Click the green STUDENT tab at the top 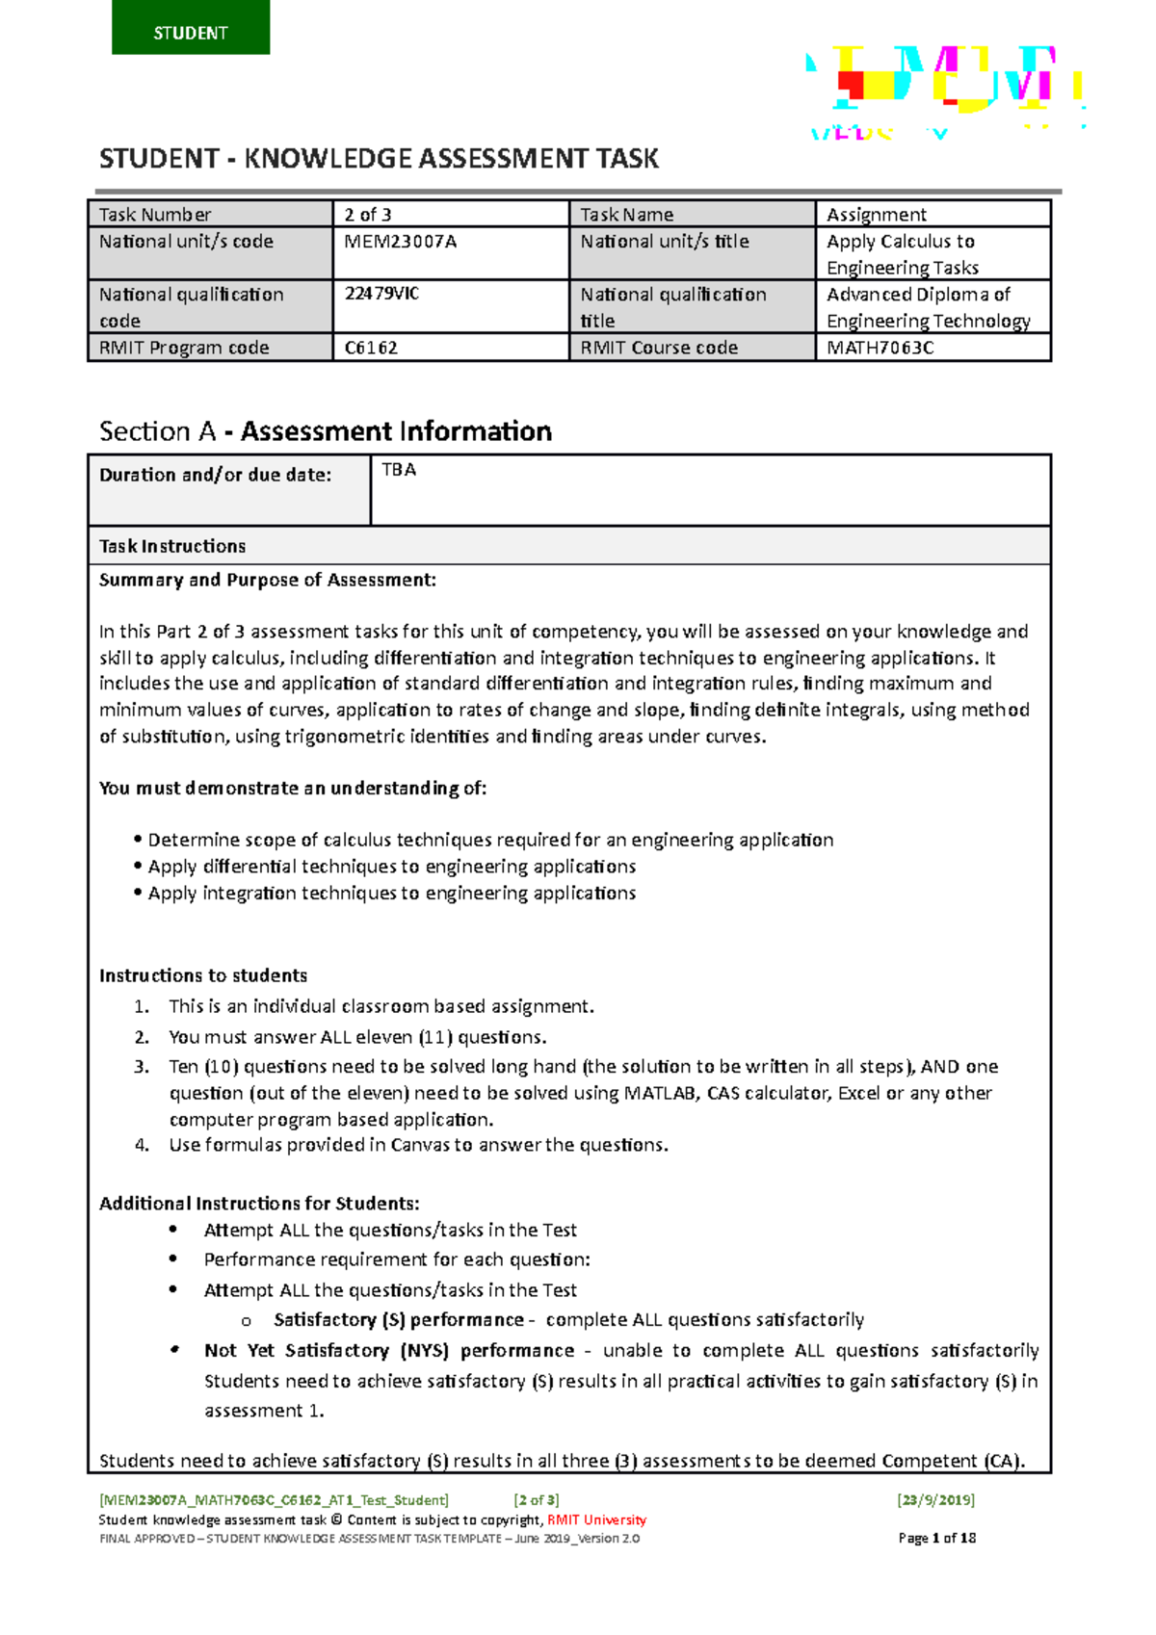tap(191, 29)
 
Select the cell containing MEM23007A tap(401, 242)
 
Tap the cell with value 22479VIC tap(382, 294)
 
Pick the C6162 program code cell tap(371, 348)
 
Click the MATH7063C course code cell tap(880, 348)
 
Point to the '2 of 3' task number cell tap(368, 215)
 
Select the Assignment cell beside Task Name tap(877, 215)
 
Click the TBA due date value tap(399, 470)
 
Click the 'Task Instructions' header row tap(173, 546)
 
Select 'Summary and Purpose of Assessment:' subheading tap(268, 580)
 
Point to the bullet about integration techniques tap(391, 893)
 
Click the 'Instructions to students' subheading tap(203, 975)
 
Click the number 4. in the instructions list tap(142, 1145)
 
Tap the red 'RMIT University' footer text tap(596, 1519)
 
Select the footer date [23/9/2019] tap(935, 1499)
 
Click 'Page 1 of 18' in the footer tap(936, 1538)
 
